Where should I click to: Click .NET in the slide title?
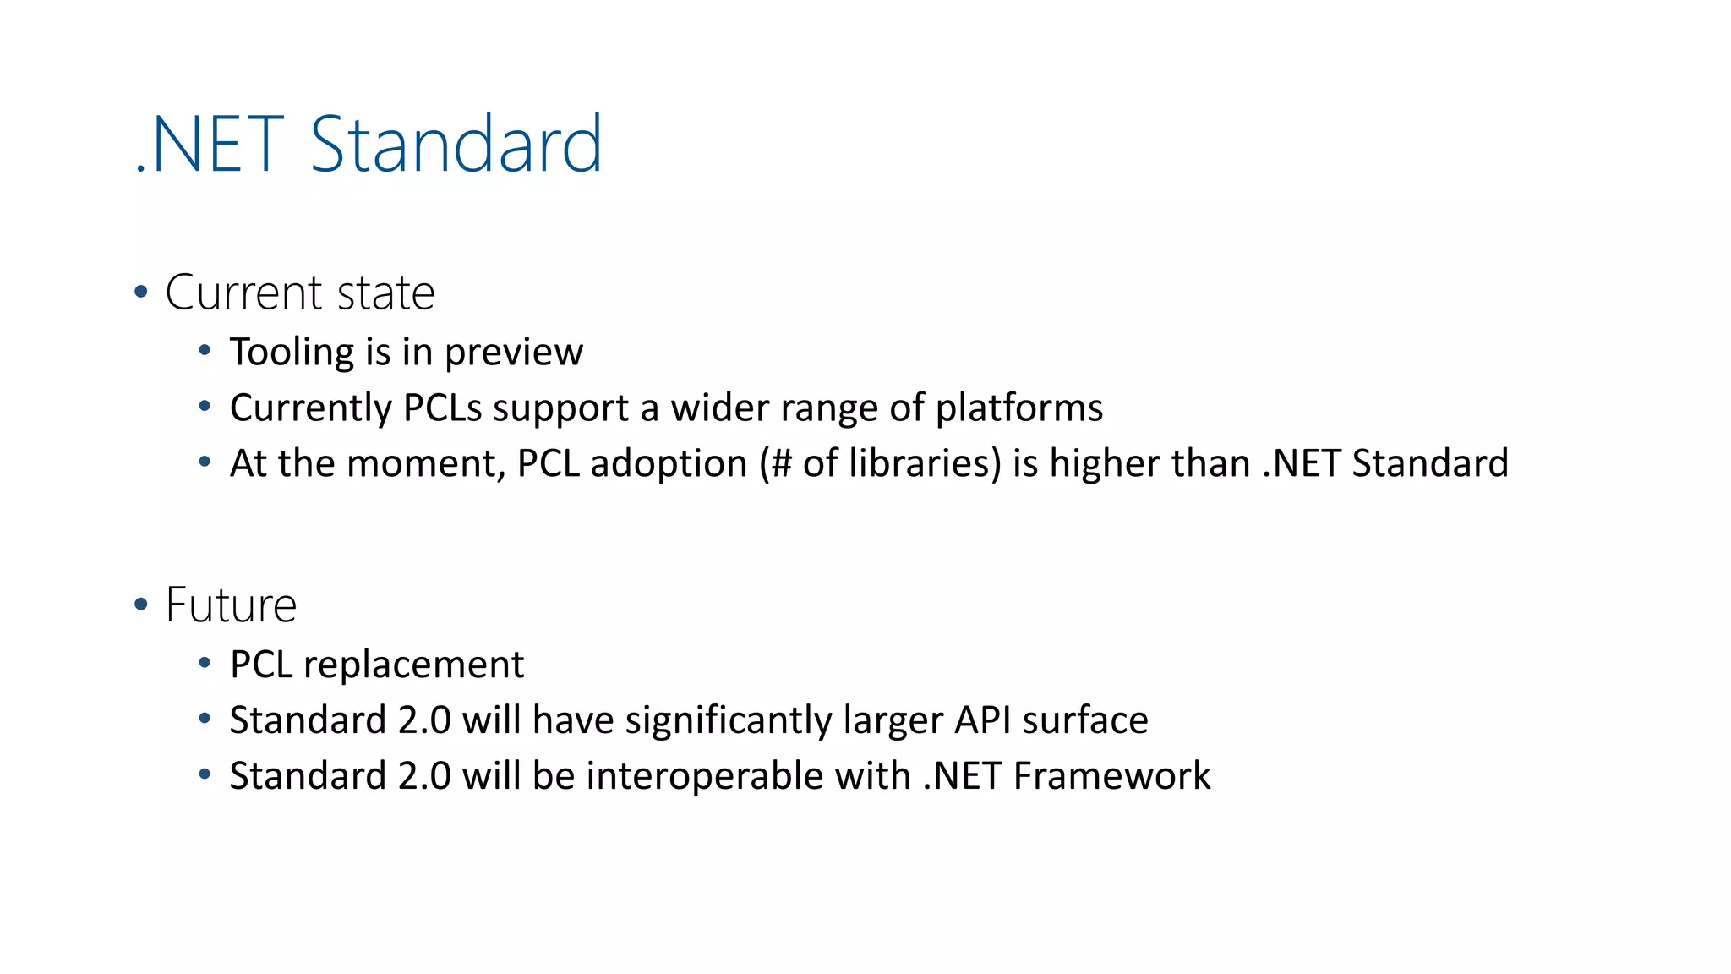point(210,145)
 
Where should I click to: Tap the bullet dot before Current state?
point(141,293)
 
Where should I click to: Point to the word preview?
point(514,353)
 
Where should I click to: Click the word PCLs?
point(442,408)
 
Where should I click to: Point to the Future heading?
point(231,605)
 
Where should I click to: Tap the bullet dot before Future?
point(141,605)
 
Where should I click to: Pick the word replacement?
point(413,665)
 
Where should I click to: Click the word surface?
point(1085,720)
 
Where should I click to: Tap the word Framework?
point(1111,776)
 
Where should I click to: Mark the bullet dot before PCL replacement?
point(205,663)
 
